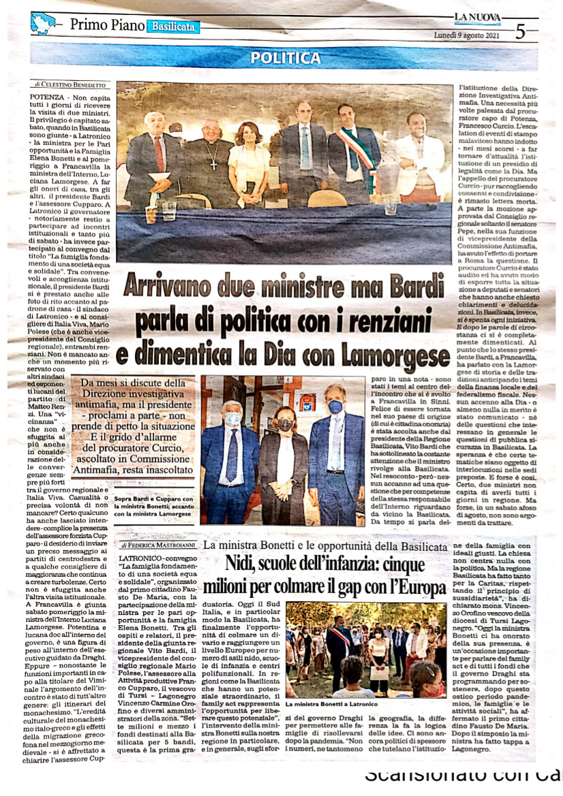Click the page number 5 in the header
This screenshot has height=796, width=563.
tap(520, 31)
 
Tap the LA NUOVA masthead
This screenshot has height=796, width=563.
tap(477, 18)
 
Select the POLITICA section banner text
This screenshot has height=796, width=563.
tap(285, 58)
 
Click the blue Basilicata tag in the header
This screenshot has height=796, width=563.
tap(175, 27)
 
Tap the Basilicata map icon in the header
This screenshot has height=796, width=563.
tap(43, 23)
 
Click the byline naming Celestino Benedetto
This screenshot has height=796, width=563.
tap(70, 85)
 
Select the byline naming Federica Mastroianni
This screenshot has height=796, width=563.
tap(158, 545)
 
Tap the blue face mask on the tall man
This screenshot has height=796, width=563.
tap(335, 407)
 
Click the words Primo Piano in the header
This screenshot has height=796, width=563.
tap(107, 26)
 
